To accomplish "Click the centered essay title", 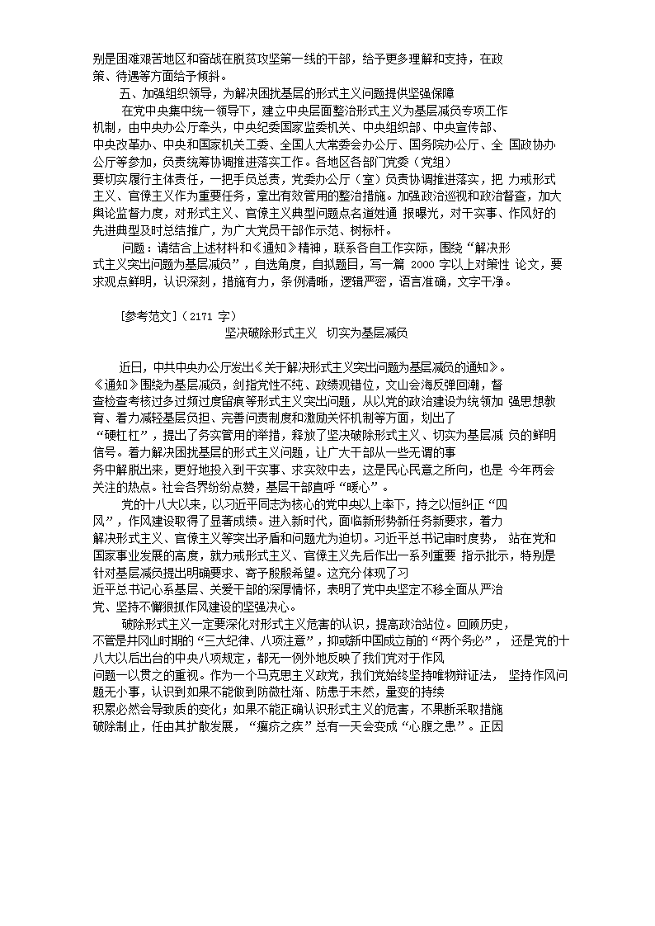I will pos(317,333).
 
